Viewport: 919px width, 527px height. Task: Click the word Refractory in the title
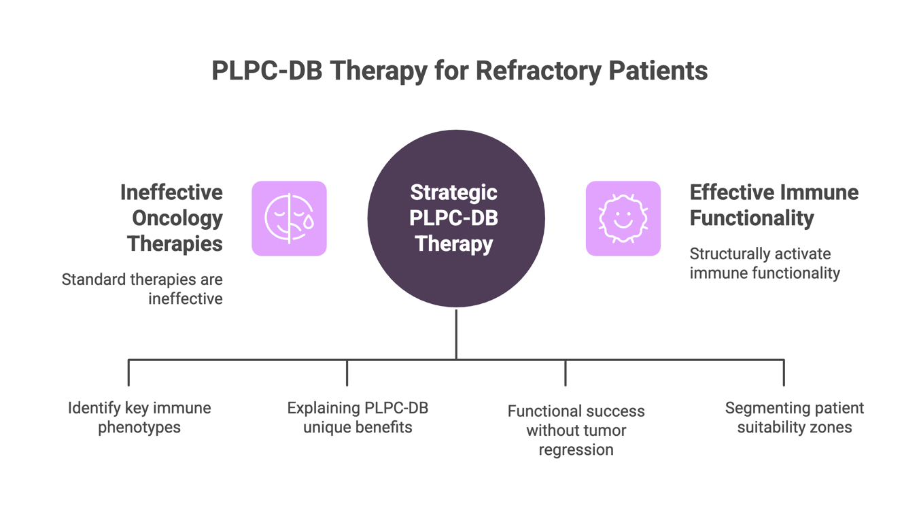[x=538, y=71]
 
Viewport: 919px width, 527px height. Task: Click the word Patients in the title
[x=658, y=71]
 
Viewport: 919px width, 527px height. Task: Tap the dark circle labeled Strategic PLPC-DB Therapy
[x=456, y=218]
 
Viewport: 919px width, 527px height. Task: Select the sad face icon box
[x=290, y=218]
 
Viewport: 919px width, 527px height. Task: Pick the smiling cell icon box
[x=623, y=218]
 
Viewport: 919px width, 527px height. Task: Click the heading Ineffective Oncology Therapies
[x=171, y=218]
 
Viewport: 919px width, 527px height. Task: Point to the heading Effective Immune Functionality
[x=774, y=205]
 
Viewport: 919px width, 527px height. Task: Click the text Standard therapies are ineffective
[x=142, y=289]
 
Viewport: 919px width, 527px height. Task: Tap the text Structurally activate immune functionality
[x=765, y=264]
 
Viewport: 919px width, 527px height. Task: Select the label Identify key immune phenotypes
[x=139, y=418]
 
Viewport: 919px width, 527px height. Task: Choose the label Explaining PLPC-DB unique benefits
[x=358, y=418]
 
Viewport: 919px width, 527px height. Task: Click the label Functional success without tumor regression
[x=576, y=430]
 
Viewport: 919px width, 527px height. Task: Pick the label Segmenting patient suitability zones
[x=795, y=418]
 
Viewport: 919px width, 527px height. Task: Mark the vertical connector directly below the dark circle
[x=456, y=334]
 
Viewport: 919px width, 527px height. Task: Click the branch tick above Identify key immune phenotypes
[x=129, y=373]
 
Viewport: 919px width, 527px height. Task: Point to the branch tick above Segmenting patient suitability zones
[x=784, y=373]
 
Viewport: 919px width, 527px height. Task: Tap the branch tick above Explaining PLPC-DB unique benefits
[x=347, y=373]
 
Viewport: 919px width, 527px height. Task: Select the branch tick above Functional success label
[x=566, y=373]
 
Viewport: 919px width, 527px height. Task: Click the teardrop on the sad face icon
[x=308, y=222]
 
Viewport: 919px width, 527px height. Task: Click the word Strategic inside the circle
[x=454, y=193]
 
